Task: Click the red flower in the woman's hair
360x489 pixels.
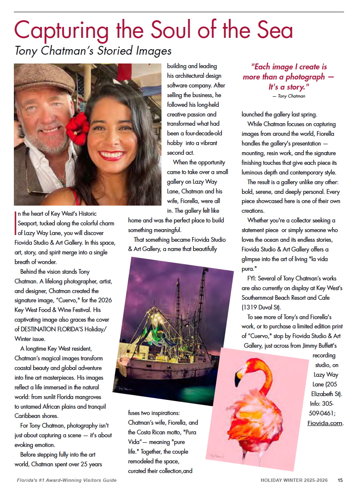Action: click(x=77, y=128)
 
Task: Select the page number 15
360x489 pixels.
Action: click(x=340, y=480)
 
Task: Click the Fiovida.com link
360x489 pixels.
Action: click(x=325, y=423)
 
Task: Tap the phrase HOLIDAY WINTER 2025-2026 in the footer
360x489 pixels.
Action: click(x=296, y=480)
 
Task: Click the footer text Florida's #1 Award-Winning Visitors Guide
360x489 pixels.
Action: click(x=66, y=480)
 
